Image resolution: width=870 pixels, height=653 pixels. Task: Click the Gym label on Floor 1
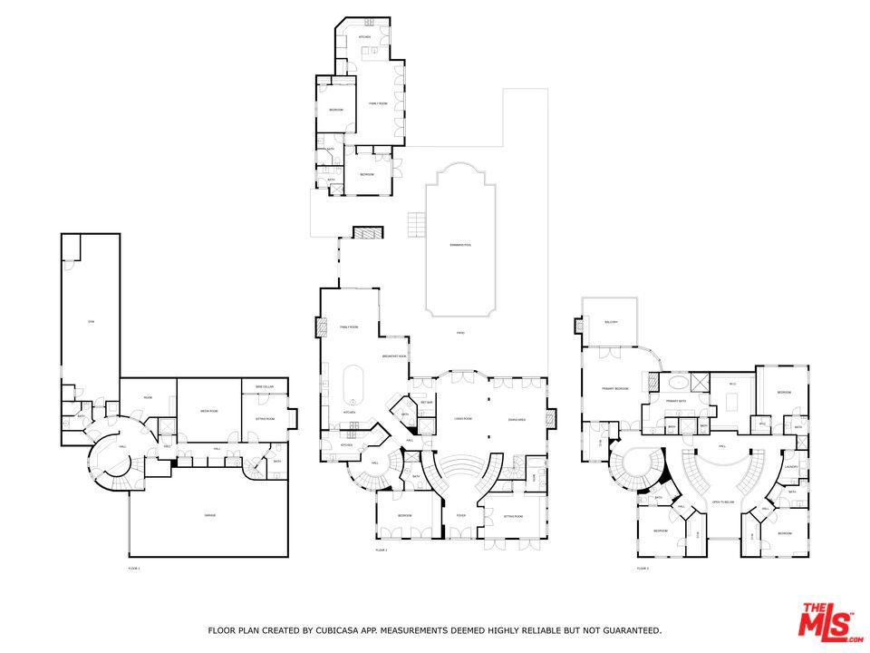coord(91,322)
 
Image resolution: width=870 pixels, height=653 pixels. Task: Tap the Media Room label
coord(209,411)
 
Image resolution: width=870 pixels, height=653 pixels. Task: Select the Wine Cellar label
coord(264,387)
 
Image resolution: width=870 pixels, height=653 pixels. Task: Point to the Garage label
coord(209,515)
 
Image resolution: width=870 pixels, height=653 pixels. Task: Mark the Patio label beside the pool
coord(460,334)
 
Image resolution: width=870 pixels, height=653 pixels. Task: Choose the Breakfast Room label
coord(393,356)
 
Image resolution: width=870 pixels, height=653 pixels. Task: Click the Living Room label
coord(460,419)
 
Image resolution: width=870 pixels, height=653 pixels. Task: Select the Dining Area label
coord(517,419)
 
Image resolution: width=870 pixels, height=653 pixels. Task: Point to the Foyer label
coord(460,515)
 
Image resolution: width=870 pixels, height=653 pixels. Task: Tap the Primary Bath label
coord(676,400)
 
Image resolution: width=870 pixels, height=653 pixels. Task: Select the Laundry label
coord(791,467)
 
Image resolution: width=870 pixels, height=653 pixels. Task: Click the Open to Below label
coord(722,502)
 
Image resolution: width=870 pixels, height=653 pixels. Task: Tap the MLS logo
coord(826,621)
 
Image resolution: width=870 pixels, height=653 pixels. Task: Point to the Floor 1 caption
coord(134,568)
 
